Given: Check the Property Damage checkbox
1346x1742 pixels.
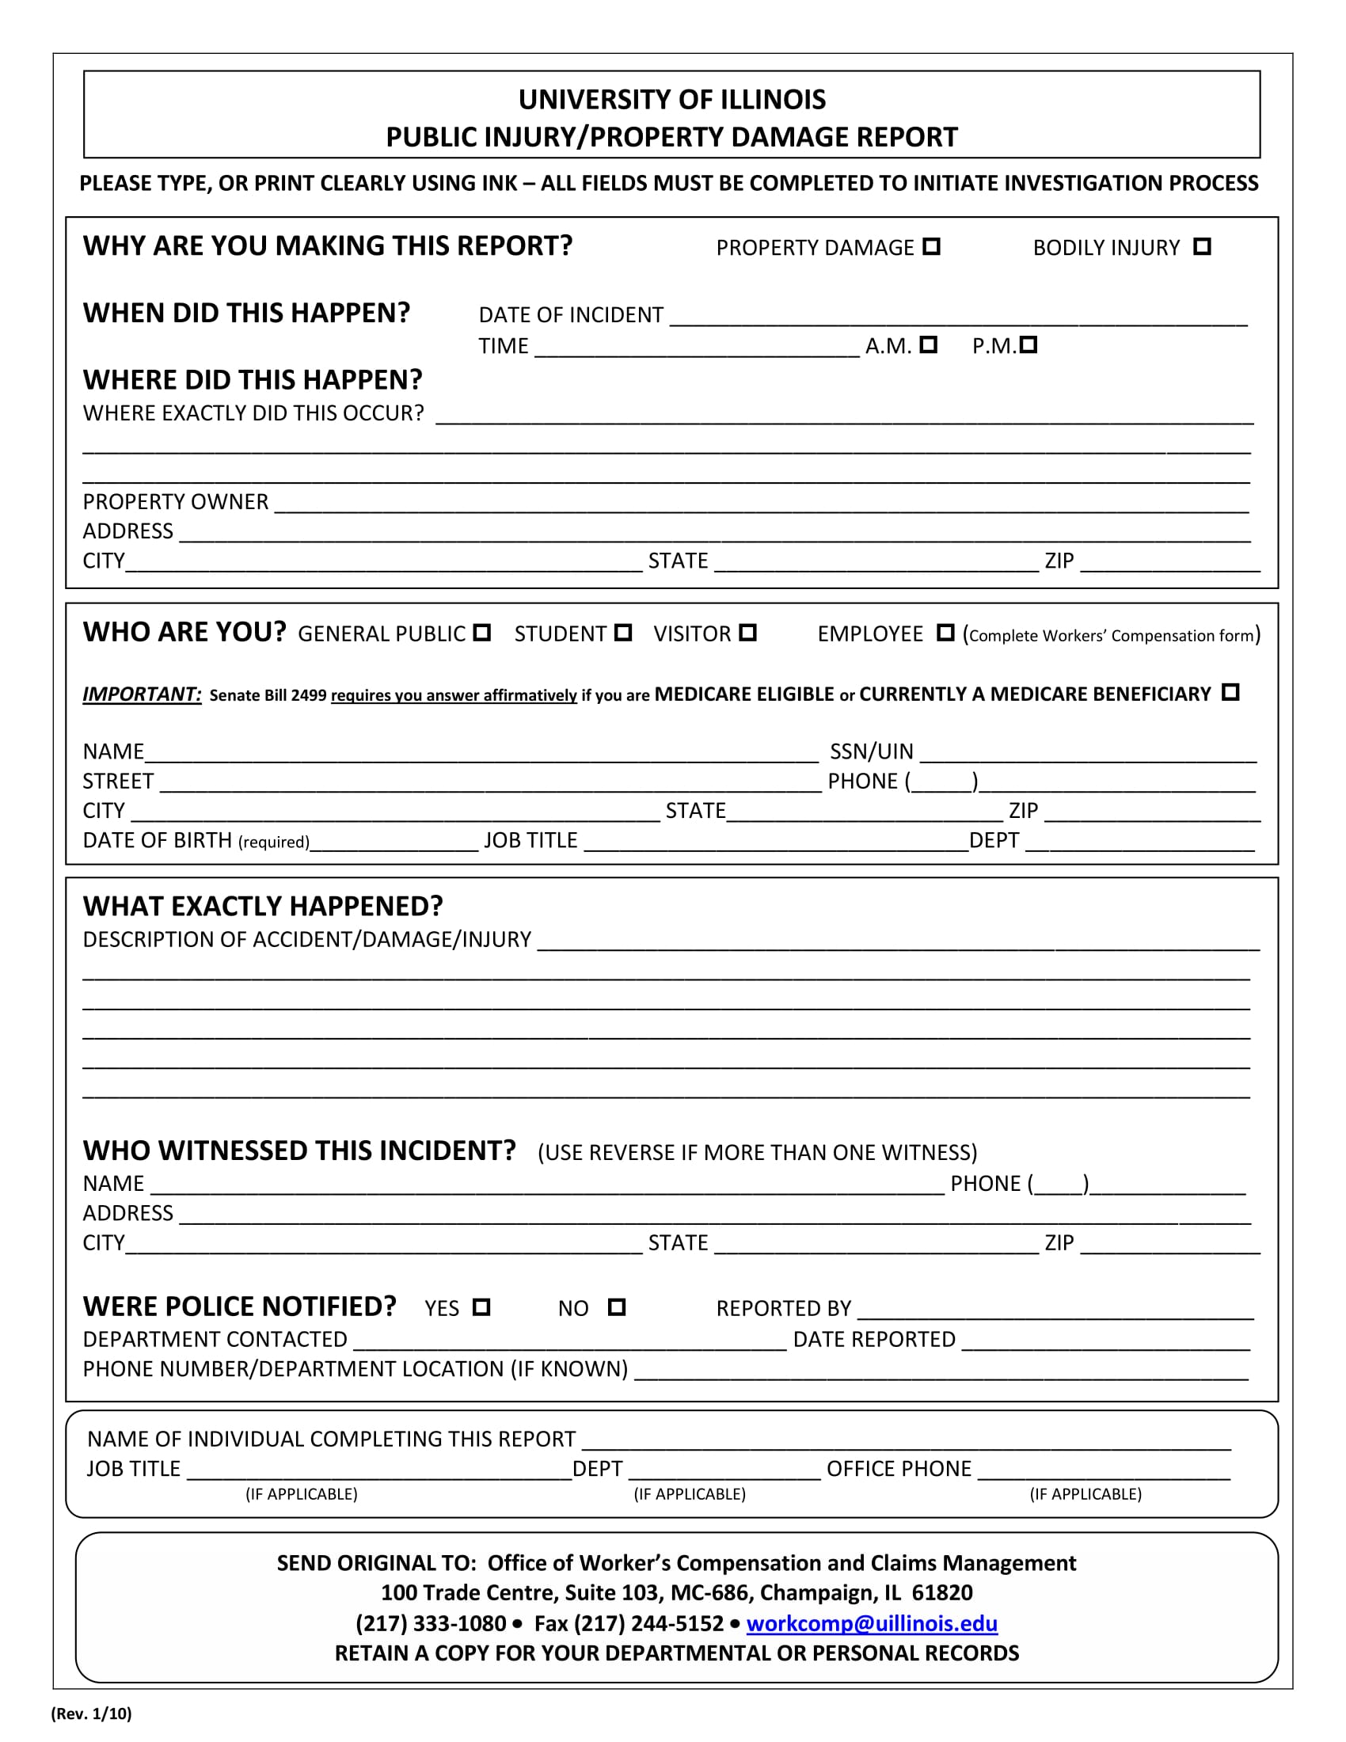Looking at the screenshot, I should coord(931,246).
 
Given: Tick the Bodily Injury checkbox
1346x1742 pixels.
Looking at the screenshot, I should coord(1202,246).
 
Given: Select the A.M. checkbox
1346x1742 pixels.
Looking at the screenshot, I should coord(928,344).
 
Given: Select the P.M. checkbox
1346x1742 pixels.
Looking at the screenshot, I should coord(1029,344).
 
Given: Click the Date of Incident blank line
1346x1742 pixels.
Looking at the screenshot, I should coord(957,318).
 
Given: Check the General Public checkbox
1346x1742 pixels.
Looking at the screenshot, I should coord(481,633).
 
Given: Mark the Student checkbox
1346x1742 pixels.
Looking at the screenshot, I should coord(624,633).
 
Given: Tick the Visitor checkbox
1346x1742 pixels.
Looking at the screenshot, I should coord(747,633).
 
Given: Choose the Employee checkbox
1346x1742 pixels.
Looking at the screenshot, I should coord(945,633).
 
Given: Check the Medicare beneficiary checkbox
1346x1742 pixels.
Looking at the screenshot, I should coord(1230,692).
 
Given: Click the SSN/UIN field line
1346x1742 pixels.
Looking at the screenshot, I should coord(1088,755).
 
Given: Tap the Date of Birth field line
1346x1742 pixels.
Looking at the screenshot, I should coord(394,843).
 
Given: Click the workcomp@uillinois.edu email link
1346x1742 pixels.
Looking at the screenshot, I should coord(872,1624).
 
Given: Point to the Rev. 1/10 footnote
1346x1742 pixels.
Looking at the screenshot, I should coord(92,1714).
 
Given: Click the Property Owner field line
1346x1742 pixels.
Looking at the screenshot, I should coord(762,504).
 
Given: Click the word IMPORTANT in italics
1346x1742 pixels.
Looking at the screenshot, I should coord(142,694).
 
